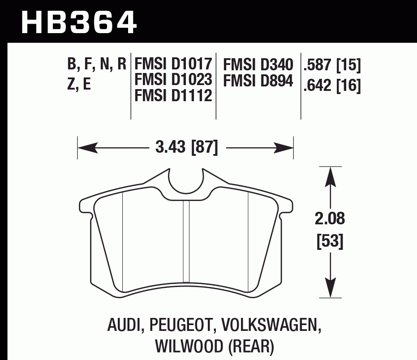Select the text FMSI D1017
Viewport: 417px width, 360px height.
click(x=173, y=64)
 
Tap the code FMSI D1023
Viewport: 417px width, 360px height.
click(x=173, y=80)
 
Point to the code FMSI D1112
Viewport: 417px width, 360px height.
click(x=173, y=95)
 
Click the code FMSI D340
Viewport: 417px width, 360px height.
click(x=258, y=64)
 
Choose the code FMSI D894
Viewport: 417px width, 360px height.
click(x=258, y=81)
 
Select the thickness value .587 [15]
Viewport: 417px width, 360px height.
click(x=332, y=66)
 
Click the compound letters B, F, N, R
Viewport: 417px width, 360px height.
click(x=97, y=65)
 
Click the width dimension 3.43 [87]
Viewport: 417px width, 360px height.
click(x=186, y=146)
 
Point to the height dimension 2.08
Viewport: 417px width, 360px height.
click(x=331, y=219)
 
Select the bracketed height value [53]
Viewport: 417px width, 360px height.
click(x=331, y=242)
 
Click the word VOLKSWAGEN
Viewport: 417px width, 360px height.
click(x=265, y=326)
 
